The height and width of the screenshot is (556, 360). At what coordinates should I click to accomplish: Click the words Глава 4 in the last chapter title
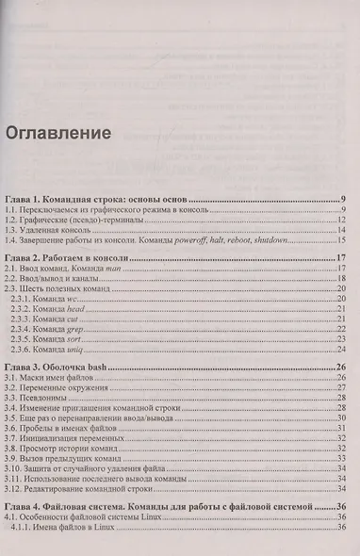click(25, 508)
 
